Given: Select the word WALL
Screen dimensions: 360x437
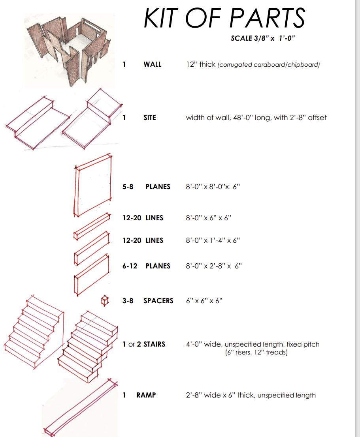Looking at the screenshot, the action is coord(153,64).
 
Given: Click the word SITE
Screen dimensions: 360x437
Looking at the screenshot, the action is coord(150,118).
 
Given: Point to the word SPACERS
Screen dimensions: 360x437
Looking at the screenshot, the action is coord(158,301).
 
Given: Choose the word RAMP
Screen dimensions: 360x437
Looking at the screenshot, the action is coord(146,395).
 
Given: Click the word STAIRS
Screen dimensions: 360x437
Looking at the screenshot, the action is coord(154,344).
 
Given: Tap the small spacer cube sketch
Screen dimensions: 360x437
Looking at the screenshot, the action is coord(105,300).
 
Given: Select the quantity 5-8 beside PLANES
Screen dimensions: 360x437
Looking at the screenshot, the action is coord(128,186).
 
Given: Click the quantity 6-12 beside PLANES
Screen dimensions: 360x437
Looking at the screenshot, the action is coord(130,266).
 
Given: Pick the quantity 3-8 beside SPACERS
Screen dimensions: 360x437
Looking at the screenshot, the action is coord(128,301).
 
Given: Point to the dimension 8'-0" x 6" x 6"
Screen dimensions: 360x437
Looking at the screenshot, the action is coord(209,218).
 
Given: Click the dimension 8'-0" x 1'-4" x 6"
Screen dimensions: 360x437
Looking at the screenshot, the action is coord(213,240).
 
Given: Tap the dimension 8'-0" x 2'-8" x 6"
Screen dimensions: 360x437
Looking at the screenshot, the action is coord(214,266).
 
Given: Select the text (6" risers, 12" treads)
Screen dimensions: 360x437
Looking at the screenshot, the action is coord(256,352).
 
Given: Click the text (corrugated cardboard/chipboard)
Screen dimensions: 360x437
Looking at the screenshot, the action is coord(268,65).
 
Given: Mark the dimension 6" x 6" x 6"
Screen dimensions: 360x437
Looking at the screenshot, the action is coord(204,301).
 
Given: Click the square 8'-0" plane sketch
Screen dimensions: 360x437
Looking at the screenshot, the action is coord(93,185).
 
